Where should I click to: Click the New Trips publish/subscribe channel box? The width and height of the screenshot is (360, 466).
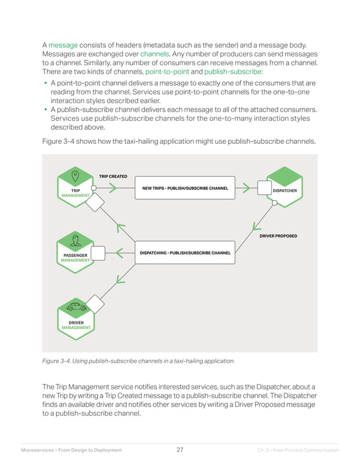(185, 188)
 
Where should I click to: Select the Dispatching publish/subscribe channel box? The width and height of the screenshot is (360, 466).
(185, 253)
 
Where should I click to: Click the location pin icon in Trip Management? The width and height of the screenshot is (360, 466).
(75, 175)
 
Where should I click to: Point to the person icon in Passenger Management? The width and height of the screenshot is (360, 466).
(75, 241)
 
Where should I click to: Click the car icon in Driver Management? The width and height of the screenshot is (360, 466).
(76, 307)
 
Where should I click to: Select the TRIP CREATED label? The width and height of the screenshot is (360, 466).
(113, 177)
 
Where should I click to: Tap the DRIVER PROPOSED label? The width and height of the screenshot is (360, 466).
(278, 236)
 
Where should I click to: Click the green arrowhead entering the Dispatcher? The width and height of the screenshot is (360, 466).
(246, 188)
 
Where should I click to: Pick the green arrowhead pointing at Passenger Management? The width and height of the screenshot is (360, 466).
(119, 253)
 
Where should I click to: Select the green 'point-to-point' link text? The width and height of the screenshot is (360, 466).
(168, 72)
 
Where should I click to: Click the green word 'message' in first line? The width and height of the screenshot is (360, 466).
(63, 44)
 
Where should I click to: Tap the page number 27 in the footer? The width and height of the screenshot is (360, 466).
(179, 450)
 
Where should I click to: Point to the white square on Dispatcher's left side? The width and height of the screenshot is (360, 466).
(264, 187)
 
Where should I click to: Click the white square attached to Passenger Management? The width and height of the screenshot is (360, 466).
(98, 253)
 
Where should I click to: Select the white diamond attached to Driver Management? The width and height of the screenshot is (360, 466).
(94, 305)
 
